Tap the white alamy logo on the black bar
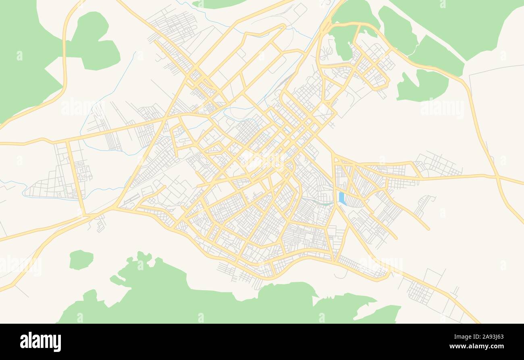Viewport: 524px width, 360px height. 40,341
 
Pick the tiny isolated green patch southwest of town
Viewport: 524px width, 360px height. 81,260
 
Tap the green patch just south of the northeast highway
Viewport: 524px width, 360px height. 423,85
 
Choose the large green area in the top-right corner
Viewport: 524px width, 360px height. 464,20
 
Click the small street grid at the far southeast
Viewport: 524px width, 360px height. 420,293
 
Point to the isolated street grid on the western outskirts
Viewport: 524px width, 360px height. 56,177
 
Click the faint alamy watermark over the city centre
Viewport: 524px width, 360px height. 262,159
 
